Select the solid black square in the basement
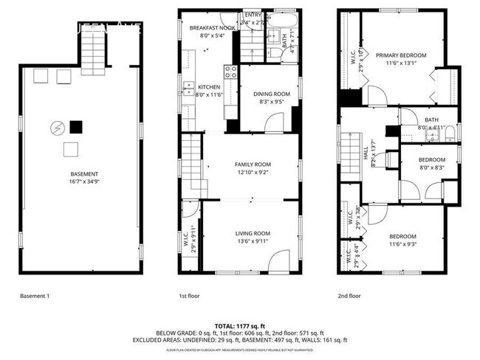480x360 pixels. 75,125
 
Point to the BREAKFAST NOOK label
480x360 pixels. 211,28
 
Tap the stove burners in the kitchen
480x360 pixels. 231,72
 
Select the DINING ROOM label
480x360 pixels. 270,94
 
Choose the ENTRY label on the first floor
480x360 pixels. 253,15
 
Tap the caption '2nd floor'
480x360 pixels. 349,296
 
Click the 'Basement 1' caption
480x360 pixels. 34,296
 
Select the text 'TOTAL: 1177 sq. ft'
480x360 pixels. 239,325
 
